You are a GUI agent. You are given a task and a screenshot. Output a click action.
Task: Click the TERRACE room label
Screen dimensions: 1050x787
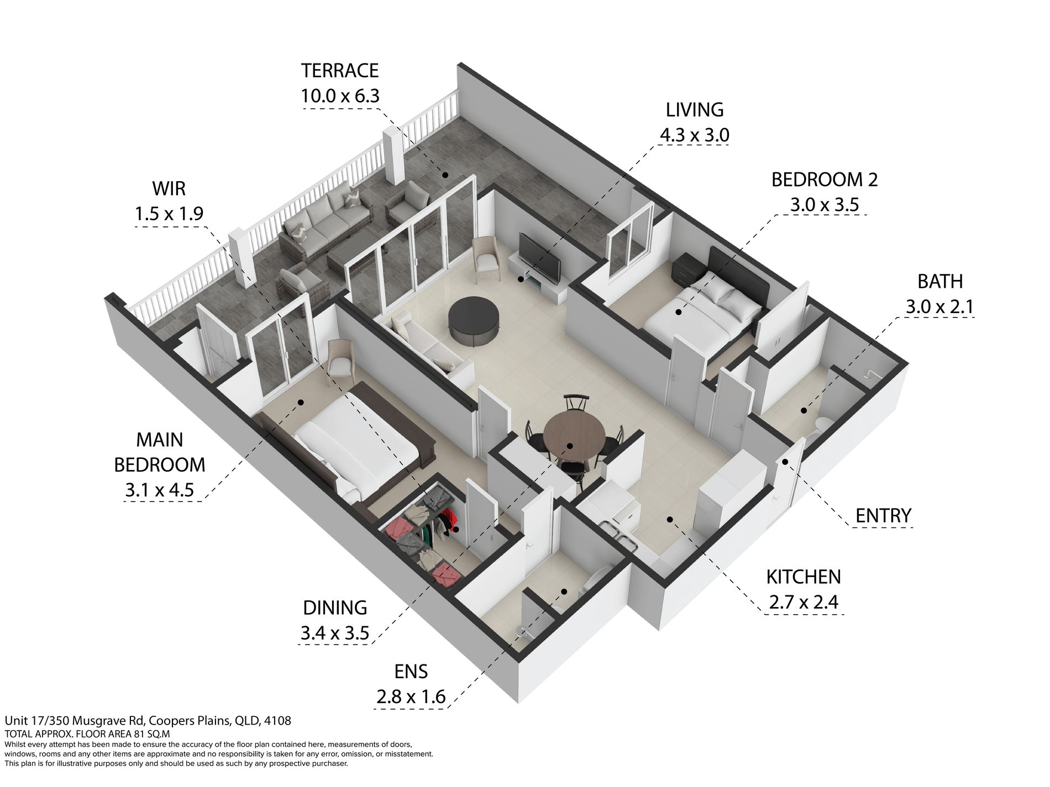coord(340,71)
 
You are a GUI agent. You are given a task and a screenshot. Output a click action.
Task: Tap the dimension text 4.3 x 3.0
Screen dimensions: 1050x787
coord(695,135)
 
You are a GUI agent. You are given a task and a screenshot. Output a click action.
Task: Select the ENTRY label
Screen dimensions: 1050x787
coord(883,515)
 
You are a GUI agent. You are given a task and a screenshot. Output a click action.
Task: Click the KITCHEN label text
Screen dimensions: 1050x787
coord(804,577)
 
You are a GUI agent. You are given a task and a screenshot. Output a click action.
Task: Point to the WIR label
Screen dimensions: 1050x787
coord(169,188)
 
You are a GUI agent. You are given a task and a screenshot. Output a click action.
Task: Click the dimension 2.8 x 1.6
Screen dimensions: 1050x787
coord(411,696)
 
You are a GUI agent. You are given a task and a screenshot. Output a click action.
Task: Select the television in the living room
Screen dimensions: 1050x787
coord(540,257)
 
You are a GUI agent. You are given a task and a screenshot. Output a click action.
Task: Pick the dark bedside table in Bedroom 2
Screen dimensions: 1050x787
coord(688,268)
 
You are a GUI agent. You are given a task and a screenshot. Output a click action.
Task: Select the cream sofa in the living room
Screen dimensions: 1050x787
coord(428,348)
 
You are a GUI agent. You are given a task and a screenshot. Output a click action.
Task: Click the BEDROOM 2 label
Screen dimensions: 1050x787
coord(825,179)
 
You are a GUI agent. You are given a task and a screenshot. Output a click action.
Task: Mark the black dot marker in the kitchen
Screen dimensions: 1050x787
coord(669,519)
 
